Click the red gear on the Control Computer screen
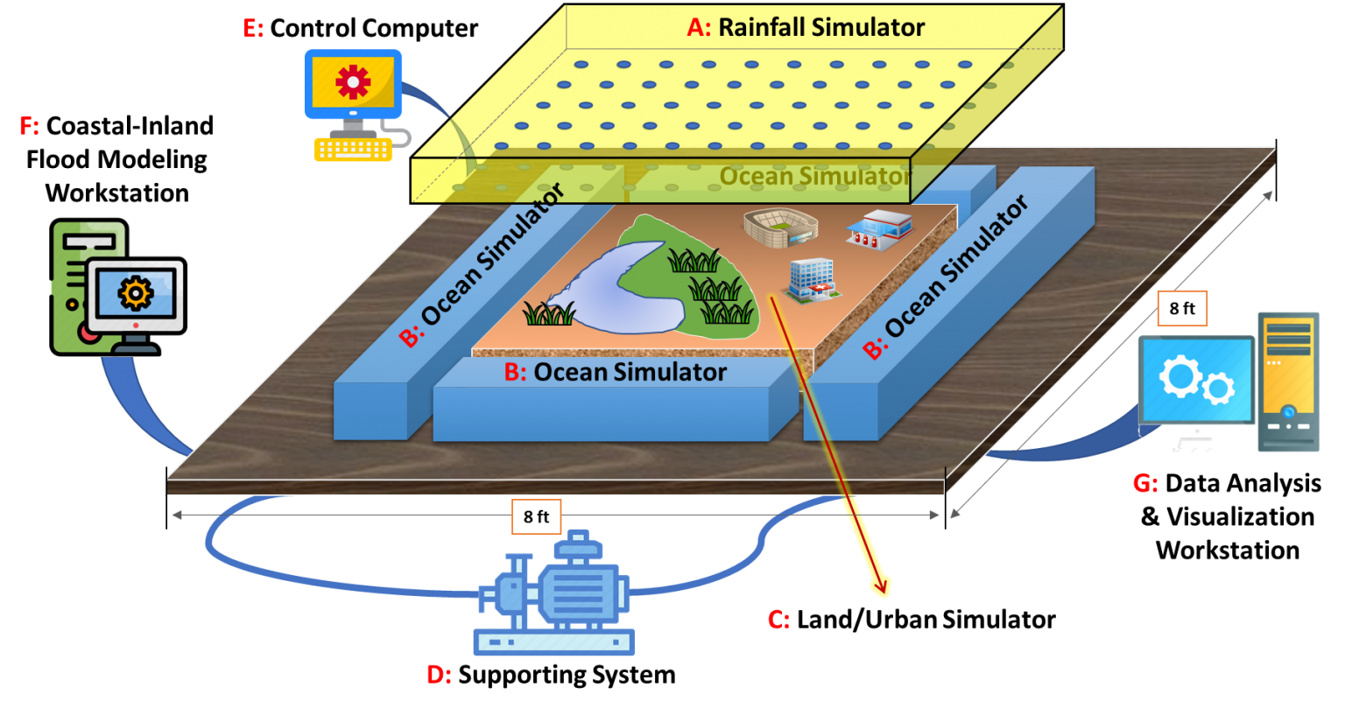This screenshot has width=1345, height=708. (x=353, y=81)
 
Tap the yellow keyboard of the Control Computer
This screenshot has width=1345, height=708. (x=353, y=150)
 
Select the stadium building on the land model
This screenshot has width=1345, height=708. (x=780, y=228)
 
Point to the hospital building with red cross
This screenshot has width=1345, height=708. (x=812, y=281)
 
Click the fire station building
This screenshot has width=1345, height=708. (x=879, y=230)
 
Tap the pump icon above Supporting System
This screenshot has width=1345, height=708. (x=553, y=592)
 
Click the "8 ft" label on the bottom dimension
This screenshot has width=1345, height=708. (x=536, y=516)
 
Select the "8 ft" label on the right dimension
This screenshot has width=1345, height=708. (x=1181, y=308)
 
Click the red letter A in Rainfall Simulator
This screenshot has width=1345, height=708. (x=699, y=28)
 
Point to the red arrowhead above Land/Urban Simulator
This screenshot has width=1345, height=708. (x=880, y=585)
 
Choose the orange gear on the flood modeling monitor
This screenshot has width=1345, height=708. (x=136, y=293)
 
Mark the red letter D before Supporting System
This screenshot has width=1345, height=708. (x=439, y=675)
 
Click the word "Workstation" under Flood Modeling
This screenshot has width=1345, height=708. (x=117, y=193)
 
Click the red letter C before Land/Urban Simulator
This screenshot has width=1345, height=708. (x=778, y=620)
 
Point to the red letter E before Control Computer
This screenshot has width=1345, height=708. (x=253, y=28)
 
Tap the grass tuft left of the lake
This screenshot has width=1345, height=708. (x=549, y=313)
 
